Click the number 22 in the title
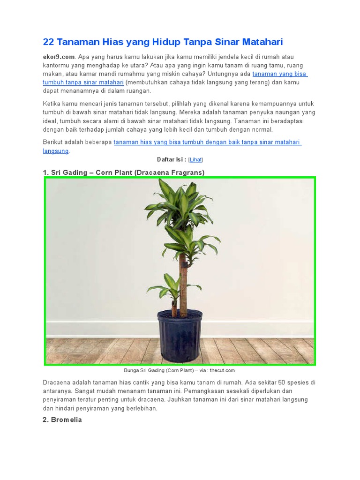tap(48, 42)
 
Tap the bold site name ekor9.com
tap(59, 57)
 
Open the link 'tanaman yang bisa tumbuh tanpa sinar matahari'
tap(280, 74)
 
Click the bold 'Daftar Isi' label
tap(172, 159)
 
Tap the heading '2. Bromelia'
tap(62, 420)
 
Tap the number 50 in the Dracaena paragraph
tap(279, 382)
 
